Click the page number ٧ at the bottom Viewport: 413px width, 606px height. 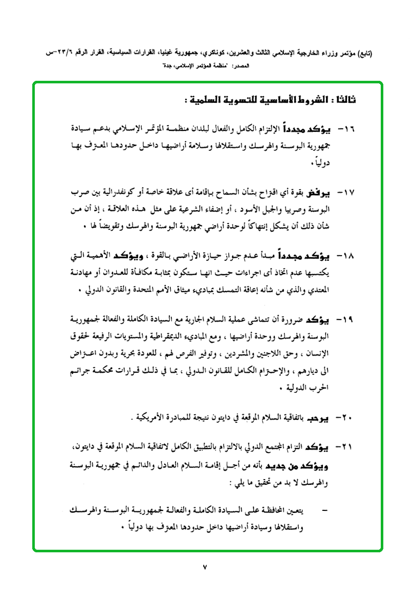click(x=206, y=566)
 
